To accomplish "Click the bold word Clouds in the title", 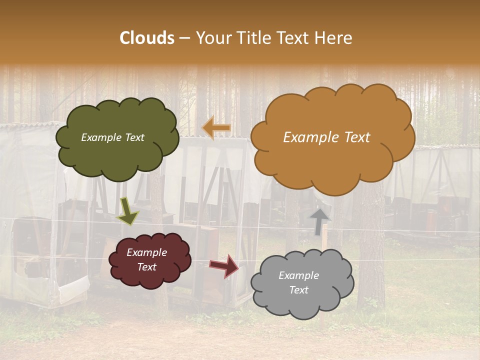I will pyautogui.click(x=146, y=38).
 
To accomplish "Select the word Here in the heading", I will pyautogui.click(x=333, y=38).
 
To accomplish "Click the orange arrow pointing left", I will pyautogui.click(x=216, y=128).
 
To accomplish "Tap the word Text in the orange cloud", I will pyautogui.click(x=354, y=137).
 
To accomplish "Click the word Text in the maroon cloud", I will pyautogui.click(x=147, y=267).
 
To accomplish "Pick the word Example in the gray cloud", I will pyautogui.click(x=298, y=275).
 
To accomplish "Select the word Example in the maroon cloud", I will pyautogui.click(x=147, y=252).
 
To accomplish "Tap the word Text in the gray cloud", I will pyautogui.click(x=298, y=290).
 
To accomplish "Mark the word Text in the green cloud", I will pyautogui.click(x=134, y=137).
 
